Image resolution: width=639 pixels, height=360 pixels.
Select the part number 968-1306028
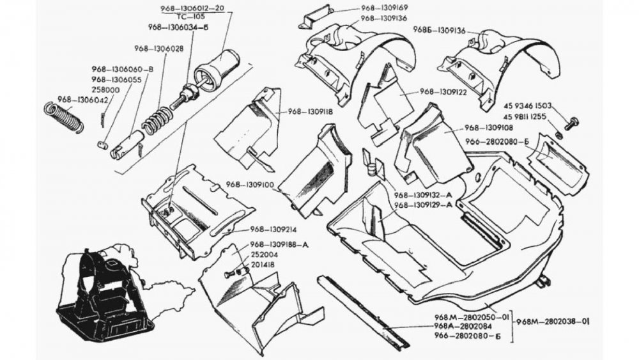pos(159,49)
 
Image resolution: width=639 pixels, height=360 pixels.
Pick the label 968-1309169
pos(385,8)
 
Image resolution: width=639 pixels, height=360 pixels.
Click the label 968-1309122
pos(446,92)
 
